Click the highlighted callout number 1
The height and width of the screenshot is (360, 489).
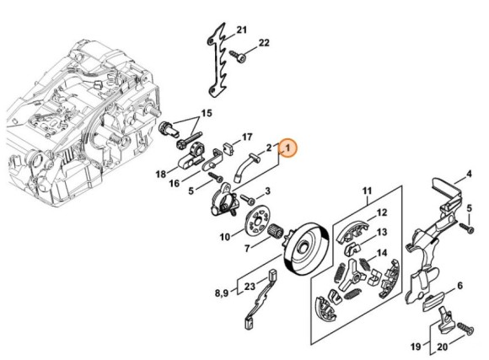[287, 148]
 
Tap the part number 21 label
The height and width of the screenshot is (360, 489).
[242, 30]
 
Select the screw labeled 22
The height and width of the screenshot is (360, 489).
[239, 56]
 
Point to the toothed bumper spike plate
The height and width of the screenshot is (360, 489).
[217, 59]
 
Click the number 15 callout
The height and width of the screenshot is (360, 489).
[207, 113]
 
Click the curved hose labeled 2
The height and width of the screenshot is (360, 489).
[245, 165]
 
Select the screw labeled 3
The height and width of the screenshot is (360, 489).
[248, 199]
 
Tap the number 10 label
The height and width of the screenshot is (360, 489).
[225, 237]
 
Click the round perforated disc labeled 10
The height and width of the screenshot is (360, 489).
[256, 221]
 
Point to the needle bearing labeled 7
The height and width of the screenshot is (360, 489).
[275, 232]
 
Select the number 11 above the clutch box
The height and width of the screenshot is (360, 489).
[367, 191]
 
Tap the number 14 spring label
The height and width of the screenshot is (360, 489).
[382, 253]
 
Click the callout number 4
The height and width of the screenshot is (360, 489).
[469, 174]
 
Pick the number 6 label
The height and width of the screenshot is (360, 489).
[460, 286]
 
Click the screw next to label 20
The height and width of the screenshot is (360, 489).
[465, 329]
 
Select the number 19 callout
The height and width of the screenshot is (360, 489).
[416, 347]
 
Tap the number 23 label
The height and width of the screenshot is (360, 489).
[250, 287]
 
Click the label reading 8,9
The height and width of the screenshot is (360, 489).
[222, 293]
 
